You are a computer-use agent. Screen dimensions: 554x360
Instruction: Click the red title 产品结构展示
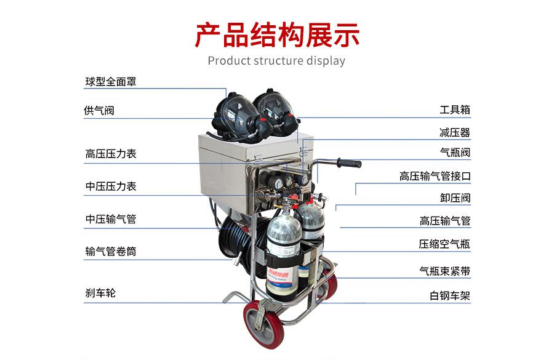[x=277, y=35]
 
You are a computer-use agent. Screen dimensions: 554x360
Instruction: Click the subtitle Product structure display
[x=276, y=61]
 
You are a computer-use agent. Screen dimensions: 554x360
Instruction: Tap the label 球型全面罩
[x=111, y=82]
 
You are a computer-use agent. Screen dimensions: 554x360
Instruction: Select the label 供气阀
[x=99, y=111]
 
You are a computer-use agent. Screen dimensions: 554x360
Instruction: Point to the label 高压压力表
[x=111, y=154]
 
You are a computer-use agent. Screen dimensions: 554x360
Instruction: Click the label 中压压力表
[x=111, y=186]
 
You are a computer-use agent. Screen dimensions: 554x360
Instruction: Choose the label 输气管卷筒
[x=111, y=252]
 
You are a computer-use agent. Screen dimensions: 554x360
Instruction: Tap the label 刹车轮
[x=100, y=293]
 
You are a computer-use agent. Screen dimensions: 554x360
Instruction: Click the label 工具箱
[x=455, y=110]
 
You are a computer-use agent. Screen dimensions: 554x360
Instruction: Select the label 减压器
[x=455, y=132]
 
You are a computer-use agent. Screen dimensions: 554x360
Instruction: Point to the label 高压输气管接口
[x=435, y=176]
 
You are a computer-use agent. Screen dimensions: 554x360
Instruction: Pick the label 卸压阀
[x=455, y=198]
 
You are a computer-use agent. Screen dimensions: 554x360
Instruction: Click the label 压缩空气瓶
[x=444, y=244]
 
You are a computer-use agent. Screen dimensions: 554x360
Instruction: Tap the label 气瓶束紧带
[x=445, y=271]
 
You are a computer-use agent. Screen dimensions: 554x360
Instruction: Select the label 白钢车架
[x=450, y=296]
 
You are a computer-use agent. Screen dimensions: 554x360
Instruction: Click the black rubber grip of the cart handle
[x=349, y=163]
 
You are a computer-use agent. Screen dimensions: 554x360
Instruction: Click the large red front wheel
[x=263, y=324]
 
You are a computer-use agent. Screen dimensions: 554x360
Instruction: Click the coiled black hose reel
[x=240, y=240]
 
